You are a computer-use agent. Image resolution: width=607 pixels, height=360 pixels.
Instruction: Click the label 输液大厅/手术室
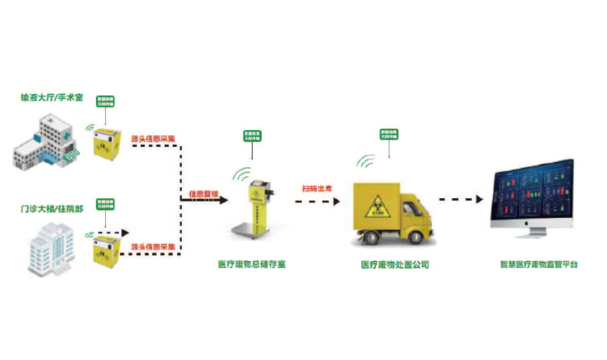pos(51,98)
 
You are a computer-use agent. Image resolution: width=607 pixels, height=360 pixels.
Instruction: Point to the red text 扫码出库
pos(317,188)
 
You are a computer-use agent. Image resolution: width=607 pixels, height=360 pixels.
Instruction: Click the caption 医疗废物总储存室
pos(251,265)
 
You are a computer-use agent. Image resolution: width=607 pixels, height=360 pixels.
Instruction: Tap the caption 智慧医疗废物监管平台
pos(538,265)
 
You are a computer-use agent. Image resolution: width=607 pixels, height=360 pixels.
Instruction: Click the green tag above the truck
pos(390,134)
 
